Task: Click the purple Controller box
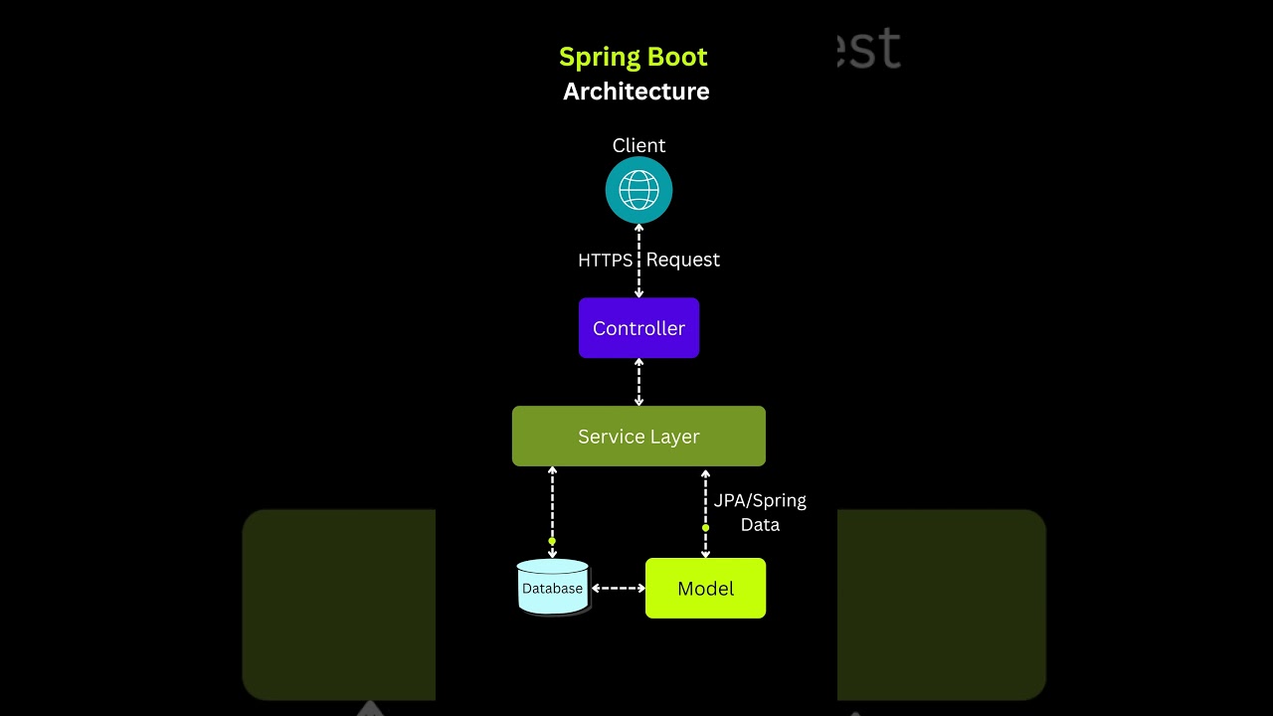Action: coord(638,328)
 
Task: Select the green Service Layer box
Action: coord(638,436)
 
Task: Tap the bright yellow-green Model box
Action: coord(705,588)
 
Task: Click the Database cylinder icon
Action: coord(553,587)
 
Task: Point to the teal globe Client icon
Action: coord(638,190)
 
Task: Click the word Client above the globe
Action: coord(638,146)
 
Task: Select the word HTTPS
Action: coord(605,260)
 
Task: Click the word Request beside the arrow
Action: coord(683,260)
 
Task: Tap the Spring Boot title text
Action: coord(634,57)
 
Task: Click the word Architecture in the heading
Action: coord(636,91)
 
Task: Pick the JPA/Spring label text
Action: coord(760,500)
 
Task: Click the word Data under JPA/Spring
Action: coord(760,524)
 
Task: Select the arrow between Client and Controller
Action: coord(638,278)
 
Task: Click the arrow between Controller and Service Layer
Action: coord(638,382)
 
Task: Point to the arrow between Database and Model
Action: coord(618,588)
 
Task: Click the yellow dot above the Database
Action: coord(552,541)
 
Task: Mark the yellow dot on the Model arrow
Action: coord(705,528)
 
